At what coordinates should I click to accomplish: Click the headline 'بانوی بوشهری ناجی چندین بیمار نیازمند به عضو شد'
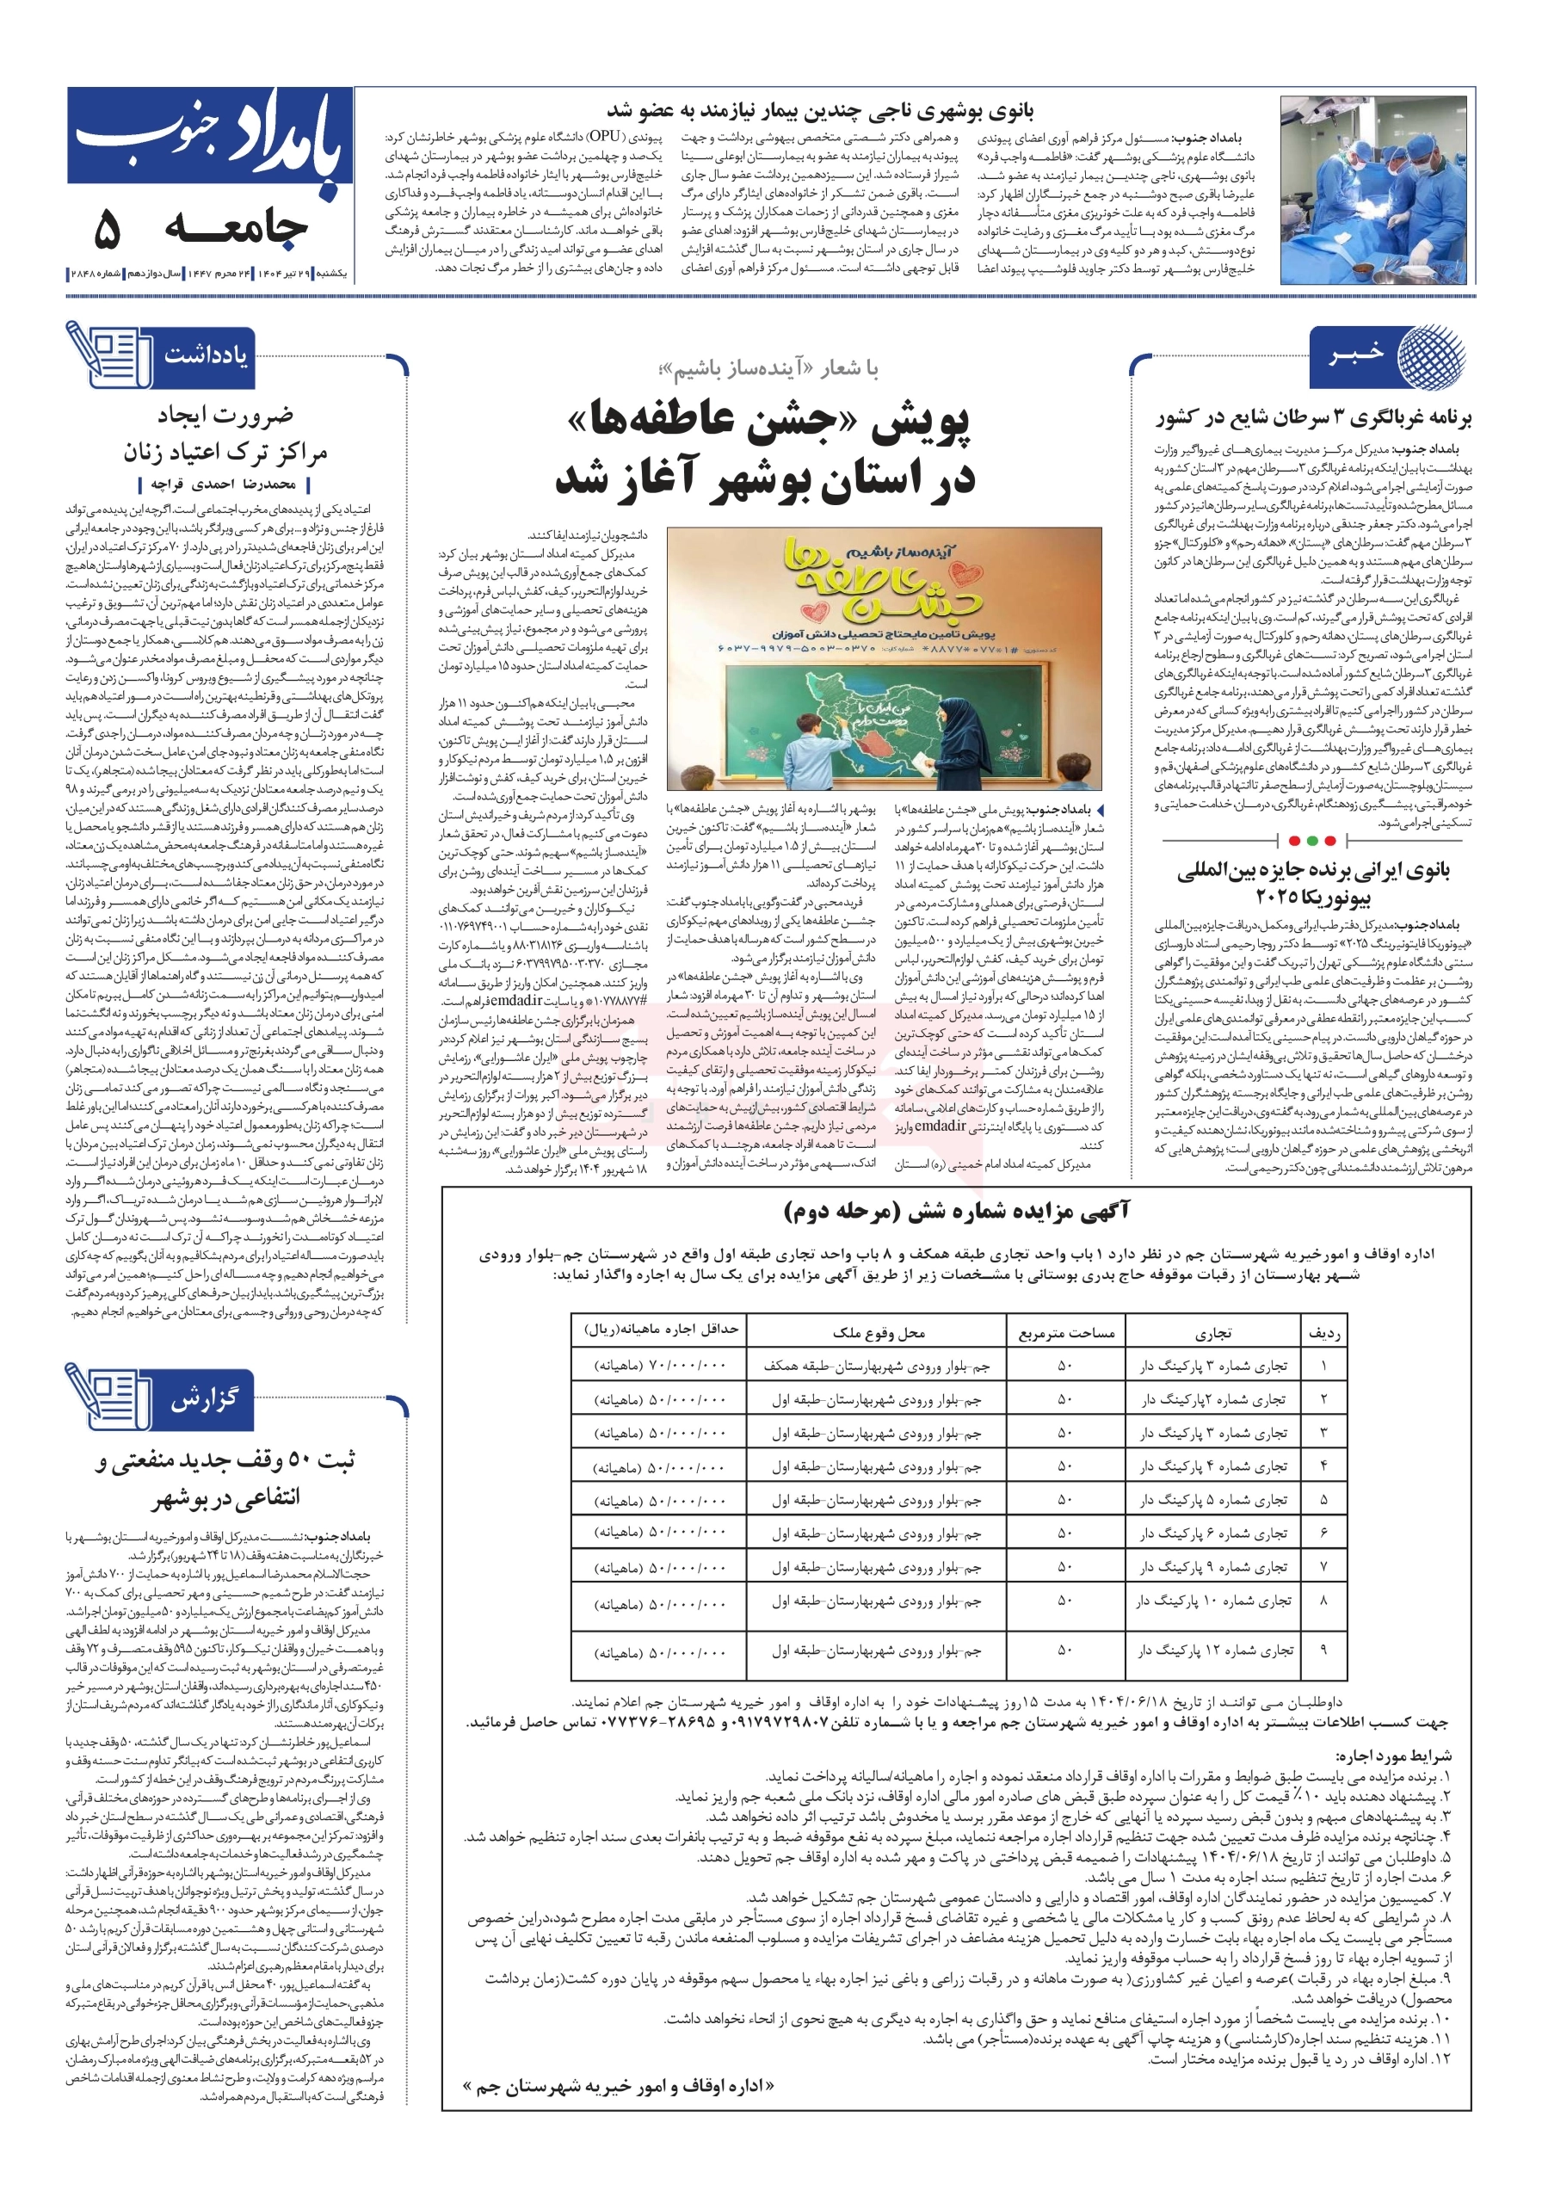tap(820, 110)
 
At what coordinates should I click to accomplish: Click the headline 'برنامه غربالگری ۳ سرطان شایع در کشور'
tap(1312, 417)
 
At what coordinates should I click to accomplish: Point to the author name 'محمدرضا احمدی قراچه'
tap(223, 484)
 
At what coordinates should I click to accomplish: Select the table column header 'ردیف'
tap(1323, 1332)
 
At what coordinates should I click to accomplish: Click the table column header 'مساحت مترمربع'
tap(1065, 1332)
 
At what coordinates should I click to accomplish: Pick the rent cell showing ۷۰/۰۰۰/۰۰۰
tap(660, 1366)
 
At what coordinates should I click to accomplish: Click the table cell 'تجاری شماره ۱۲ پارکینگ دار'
tap(1214, 1651)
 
